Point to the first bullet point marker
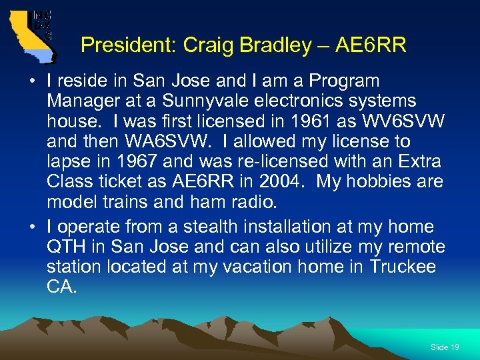(33, 82)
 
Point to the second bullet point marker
(33, 227)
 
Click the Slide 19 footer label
(445, 347)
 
